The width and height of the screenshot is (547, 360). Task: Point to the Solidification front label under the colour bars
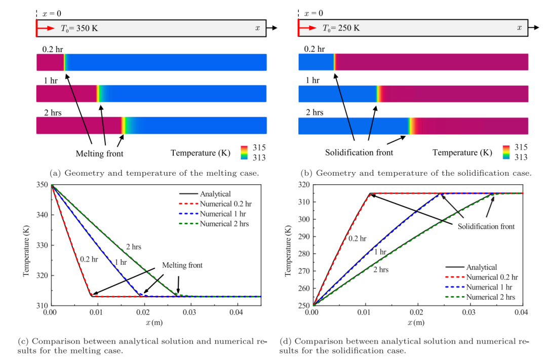(x=359, y=152)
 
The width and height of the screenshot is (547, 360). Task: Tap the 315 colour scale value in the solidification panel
(x=520, y=147)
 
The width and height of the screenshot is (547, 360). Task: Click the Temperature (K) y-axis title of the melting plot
(x=26, y=246)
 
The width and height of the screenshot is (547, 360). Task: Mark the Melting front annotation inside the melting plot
(x=182, y=265)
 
